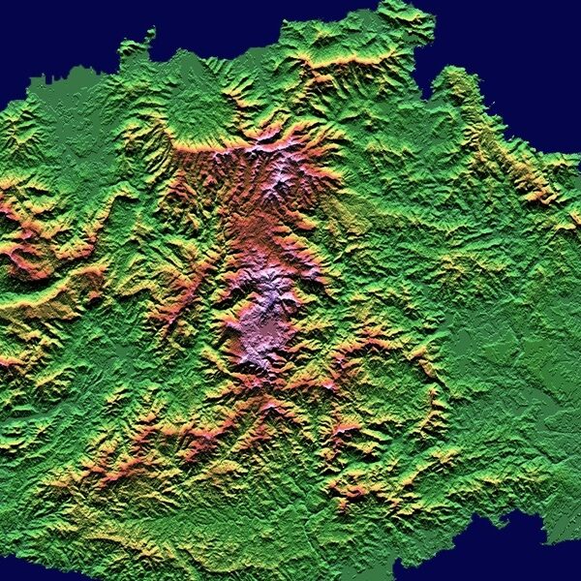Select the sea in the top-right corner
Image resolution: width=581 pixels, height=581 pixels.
523,39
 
